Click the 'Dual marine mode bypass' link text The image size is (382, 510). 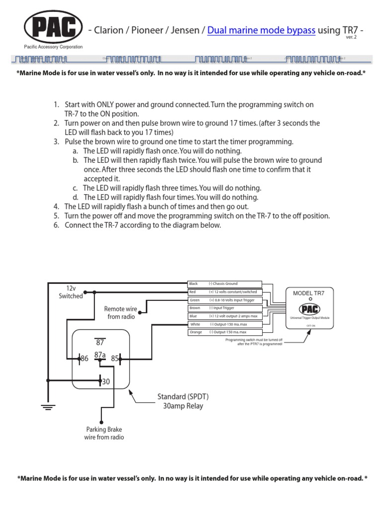pos(261,30)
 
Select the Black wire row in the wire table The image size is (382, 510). pos(224,283)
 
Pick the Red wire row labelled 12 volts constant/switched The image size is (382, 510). pos(224,292)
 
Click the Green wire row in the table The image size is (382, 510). pos(224,300)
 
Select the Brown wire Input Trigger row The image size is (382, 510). pos(224,308)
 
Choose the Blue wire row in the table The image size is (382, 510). pos(224,316)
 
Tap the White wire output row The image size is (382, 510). pos(224,324)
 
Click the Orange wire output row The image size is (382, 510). pos(224,332)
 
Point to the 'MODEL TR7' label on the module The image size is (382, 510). pos(310,293)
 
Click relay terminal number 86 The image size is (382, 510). pos(84,359)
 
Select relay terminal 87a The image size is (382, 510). pos(100,355)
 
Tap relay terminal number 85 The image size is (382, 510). pos(115,359)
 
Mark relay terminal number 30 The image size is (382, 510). pos(105,382)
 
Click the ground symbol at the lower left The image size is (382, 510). pos(48,407)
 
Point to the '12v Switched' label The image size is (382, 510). pos(71,292)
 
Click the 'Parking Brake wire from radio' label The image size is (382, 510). pos(104,433)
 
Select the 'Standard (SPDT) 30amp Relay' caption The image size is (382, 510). pos(183,401)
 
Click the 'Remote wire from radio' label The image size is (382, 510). pos(121,313)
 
